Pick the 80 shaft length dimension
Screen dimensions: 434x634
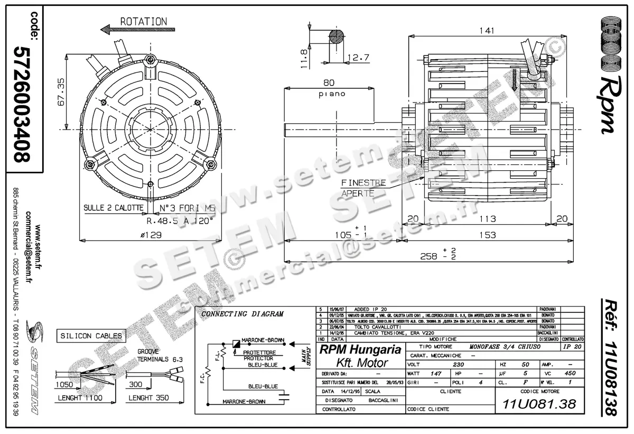(329, 82)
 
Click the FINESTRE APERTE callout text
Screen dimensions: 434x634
(363, 188)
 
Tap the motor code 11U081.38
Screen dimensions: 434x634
(538, 404)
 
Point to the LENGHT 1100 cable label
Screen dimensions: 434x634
(81, 398)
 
